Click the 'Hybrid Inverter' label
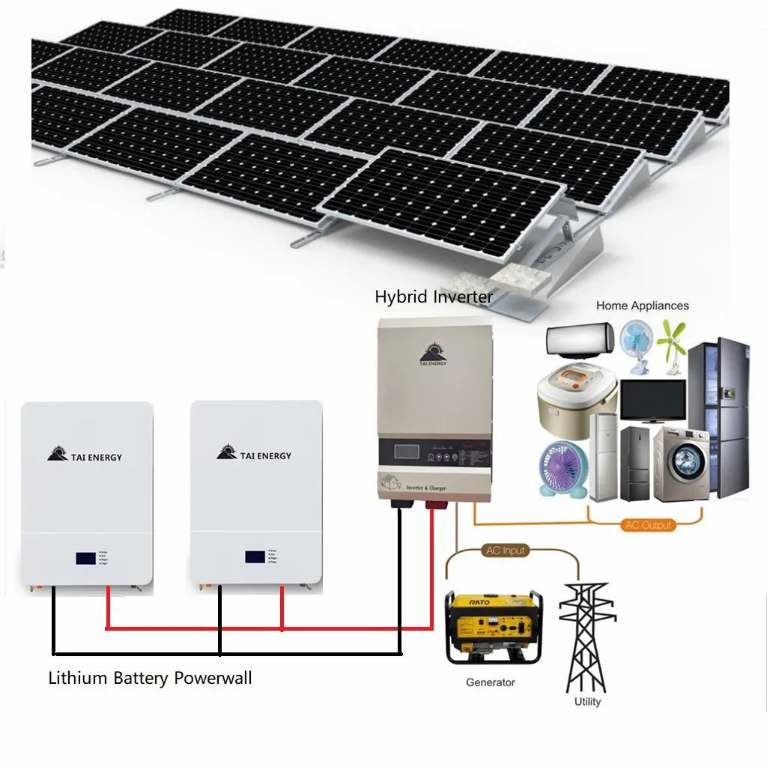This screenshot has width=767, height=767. tap(434, 297)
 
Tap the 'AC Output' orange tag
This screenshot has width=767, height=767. tap(647, 525)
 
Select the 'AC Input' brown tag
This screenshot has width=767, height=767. tap(506, 551)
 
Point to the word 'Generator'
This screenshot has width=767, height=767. tap(491, 682)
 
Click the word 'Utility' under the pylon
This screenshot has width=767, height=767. tap(587, 702)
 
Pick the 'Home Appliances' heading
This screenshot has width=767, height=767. tap(642, 306)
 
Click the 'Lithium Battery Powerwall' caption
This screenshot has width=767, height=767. tap(150, 679)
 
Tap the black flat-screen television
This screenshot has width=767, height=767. tap(652, 401)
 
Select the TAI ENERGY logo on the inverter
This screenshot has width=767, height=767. tap(433, 355)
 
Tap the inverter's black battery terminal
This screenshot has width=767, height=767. tap(398, 505)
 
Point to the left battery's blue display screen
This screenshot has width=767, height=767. tap(85, 558)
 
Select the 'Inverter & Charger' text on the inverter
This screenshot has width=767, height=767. tap(425, 488)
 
